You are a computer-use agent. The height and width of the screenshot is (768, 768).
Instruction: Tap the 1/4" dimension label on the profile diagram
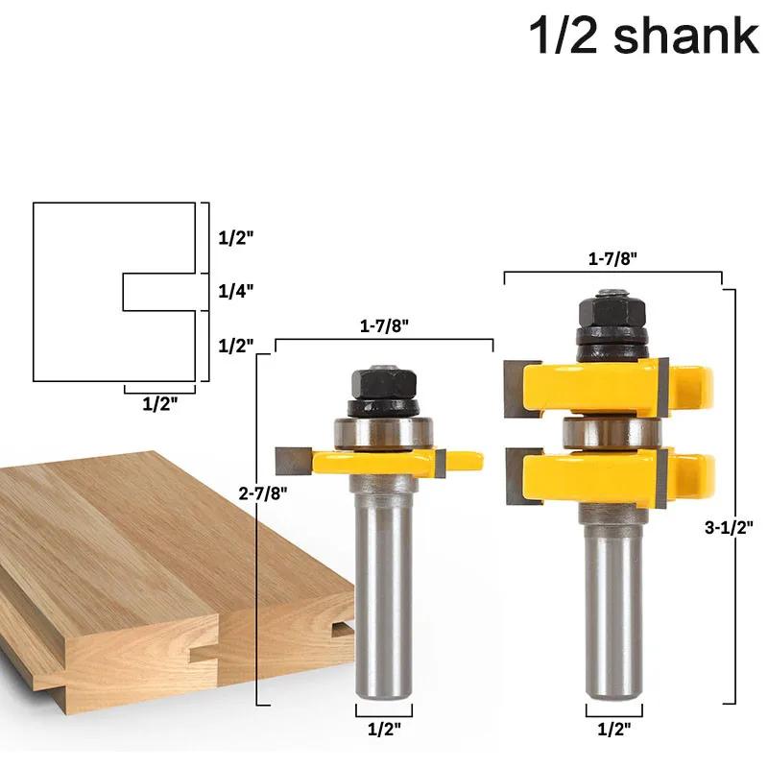click(236, 292)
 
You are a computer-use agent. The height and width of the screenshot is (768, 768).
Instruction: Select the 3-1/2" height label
click(729, 527)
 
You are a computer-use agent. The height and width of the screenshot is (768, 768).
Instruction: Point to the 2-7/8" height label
click(263, 493)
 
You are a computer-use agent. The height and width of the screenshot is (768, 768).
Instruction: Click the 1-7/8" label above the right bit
click(612, 258)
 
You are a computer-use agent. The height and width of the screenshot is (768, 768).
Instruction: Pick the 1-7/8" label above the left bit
click(384, 325)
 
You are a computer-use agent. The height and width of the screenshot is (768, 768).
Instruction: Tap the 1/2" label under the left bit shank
click(384, 730)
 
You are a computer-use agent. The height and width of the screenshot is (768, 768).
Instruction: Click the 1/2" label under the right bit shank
click(614, 730)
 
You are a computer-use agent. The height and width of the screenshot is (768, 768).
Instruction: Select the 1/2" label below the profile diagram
click(159, 404)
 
